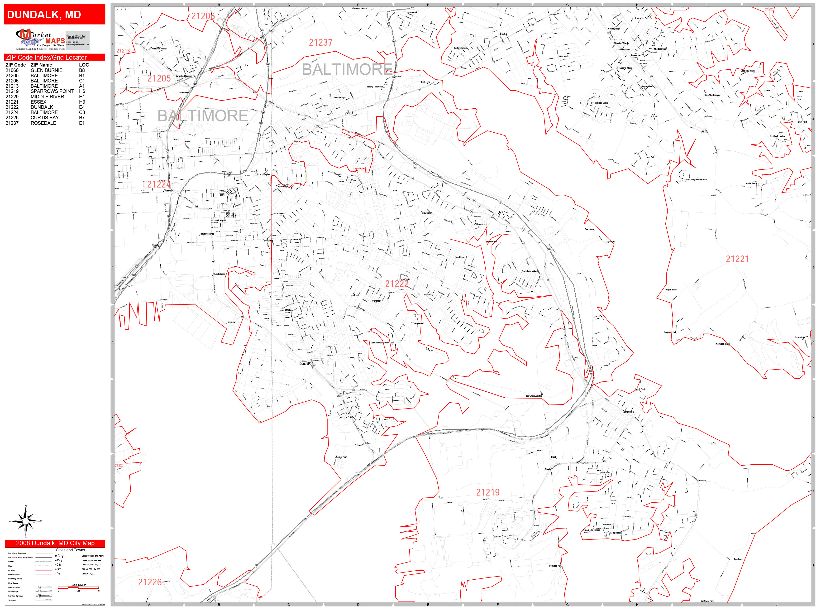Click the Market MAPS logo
tap(40, 39)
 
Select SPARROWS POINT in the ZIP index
tap(52, 91)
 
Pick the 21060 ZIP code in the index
tap(12, 70)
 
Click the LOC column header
tap(84, 65)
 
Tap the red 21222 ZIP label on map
tap(397, 284)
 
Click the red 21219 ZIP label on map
tap(488, 492)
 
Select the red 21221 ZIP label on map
tap(737, 259)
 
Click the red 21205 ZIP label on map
tap(159, 78)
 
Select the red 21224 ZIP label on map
tap(158, 185)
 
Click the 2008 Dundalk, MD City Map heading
tap(55, 543)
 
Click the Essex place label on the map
tap(503, 34)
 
